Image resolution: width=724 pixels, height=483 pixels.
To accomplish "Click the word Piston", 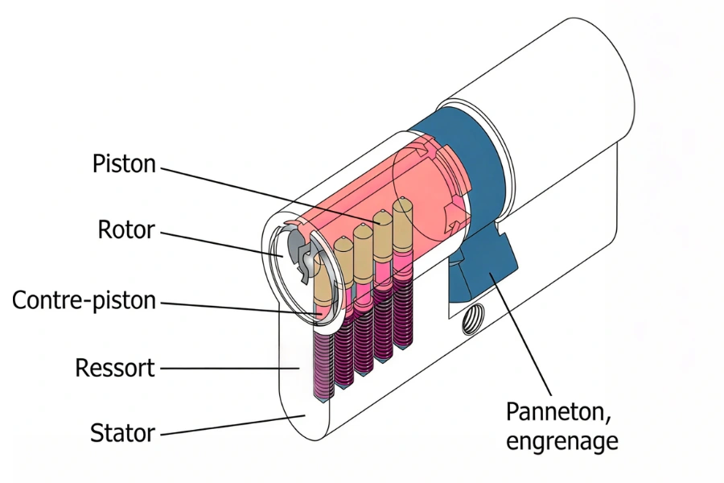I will tap(123, 164).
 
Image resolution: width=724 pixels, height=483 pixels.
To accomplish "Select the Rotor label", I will tap(125, 230).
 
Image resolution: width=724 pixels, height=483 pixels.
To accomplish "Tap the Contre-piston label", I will tap(84, 301).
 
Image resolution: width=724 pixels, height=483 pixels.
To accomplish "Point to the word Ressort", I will tap(114, 369).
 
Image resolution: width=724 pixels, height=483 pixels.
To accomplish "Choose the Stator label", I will tap(121, 432).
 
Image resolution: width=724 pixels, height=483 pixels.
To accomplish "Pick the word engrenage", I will tap(562, 440).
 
